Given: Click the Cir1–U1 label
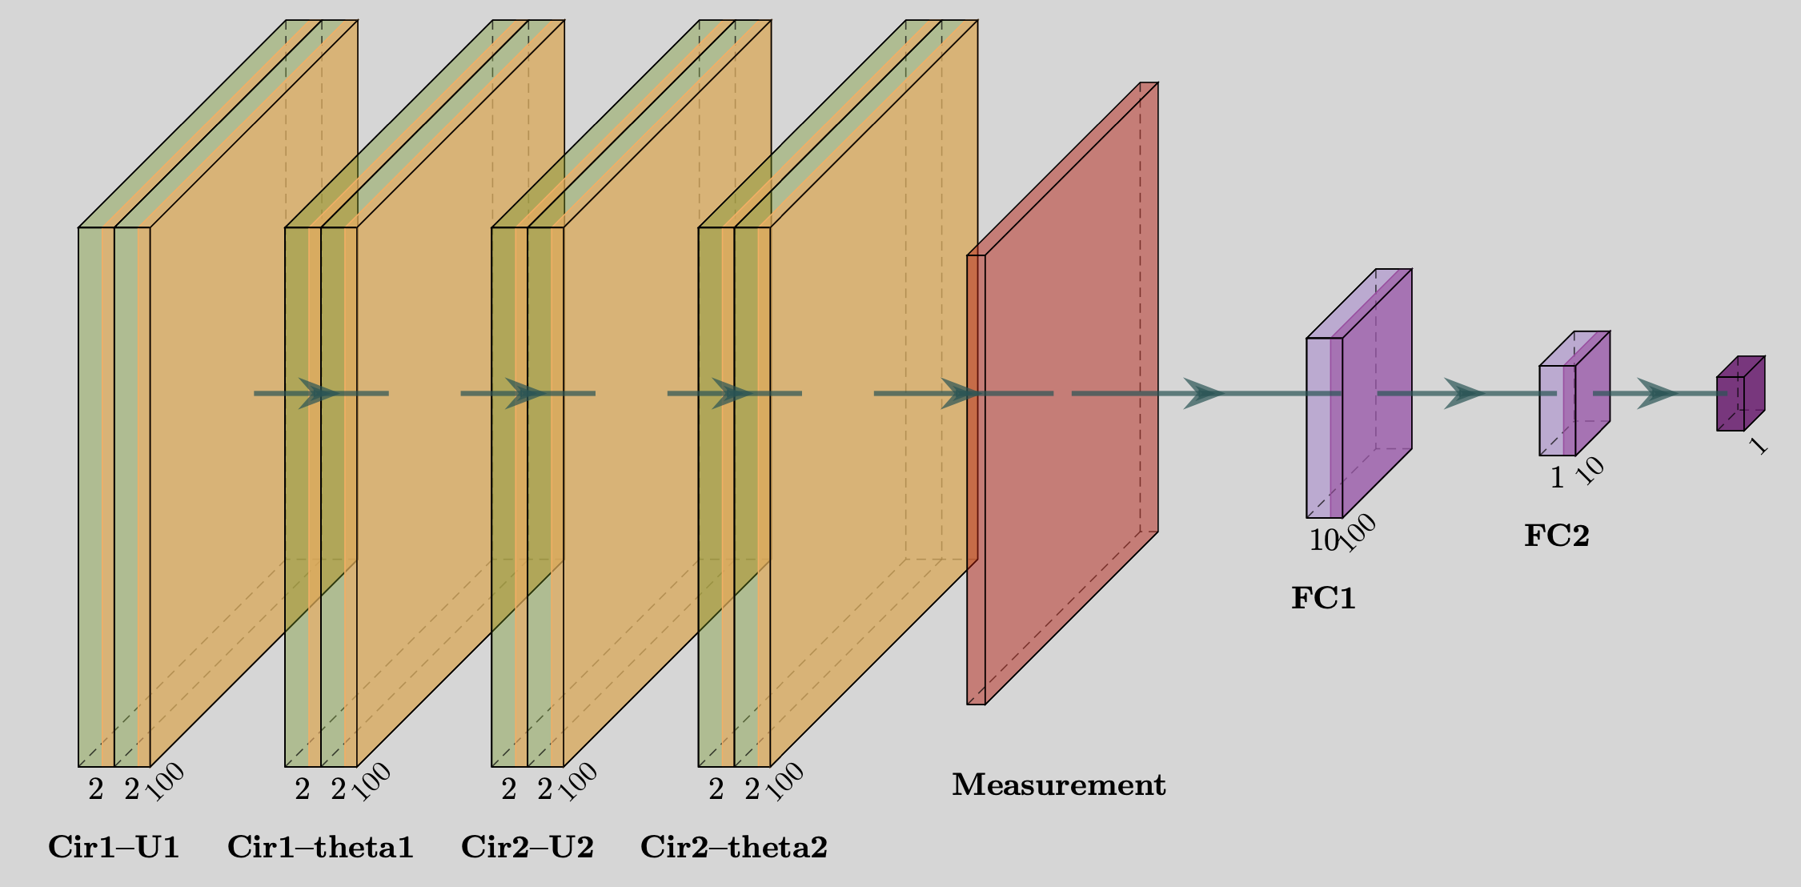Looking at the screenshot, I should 114,847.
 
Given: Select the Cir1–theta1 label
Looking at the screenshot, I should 320,847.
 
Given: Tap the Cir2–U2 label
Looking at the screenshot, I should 527,847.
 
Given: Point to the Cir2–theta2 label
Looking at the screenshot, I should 734,847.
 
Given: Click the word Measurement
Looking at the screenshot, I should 1058,785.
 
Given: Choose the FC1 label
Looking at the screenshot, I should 1323,599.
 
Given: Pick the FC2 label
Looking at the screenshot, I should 1556,536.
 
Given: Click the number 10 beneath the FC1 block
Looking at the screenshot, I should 1322,541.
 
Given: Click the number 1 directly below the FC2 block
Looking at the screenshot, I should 1556,478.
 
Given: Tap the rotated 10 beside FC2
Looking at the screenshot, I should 1590,470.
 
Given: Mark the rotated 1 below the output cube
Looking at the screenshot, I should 1758,446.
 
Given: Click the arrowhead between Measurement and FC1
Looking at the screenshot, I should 1202,394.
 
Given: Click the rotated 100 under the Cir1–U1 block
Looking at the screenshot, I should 166,782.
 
